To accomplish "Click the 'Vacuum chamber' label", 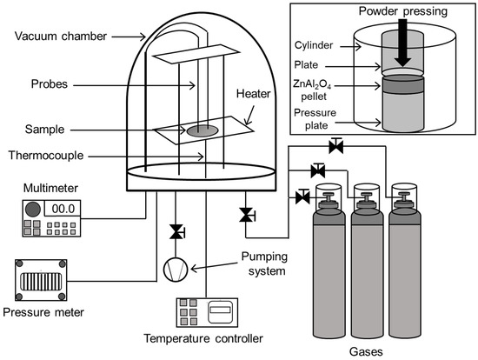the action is [x=61, y=37].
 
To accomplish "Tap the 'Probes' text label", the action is [x=49, y=84].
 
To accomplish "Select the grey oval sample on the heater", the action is [x=202, y=130].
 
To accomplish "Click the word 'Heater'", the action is [x=253, y=94].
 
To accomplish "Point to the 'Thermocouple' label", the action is [x=46, y=156].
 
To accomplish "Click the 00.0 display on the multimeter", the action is [x=63, y=209].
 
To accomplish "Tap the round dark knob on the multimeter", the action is [x=33, y=210].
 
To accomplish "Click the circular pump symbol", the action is [x=176, y=270].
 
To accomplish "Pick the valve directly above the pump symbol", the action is [x=176, y=232].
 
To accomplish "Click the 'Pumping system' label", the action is [x=264, y=263].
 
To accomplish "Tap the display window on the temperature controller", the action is [x=220, y=310].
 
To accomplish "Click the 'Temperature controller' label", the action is [x=203, y=338].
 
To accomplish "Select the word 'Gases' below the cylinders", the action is [x=366, y=352].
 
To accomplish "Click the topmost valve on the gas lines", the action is [x=336, y=145].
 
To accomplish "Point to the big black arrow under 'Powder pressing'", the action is [x=402, y=43].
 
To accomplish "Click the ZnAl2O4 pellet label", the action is [x=313, y=90].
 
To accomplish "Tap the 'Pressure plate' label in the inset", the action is [x=315, y=119].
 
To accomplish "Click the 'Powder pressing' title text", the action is [x=402, y=11].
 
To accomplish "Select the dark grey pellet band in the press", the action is [x=402, y=83].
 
